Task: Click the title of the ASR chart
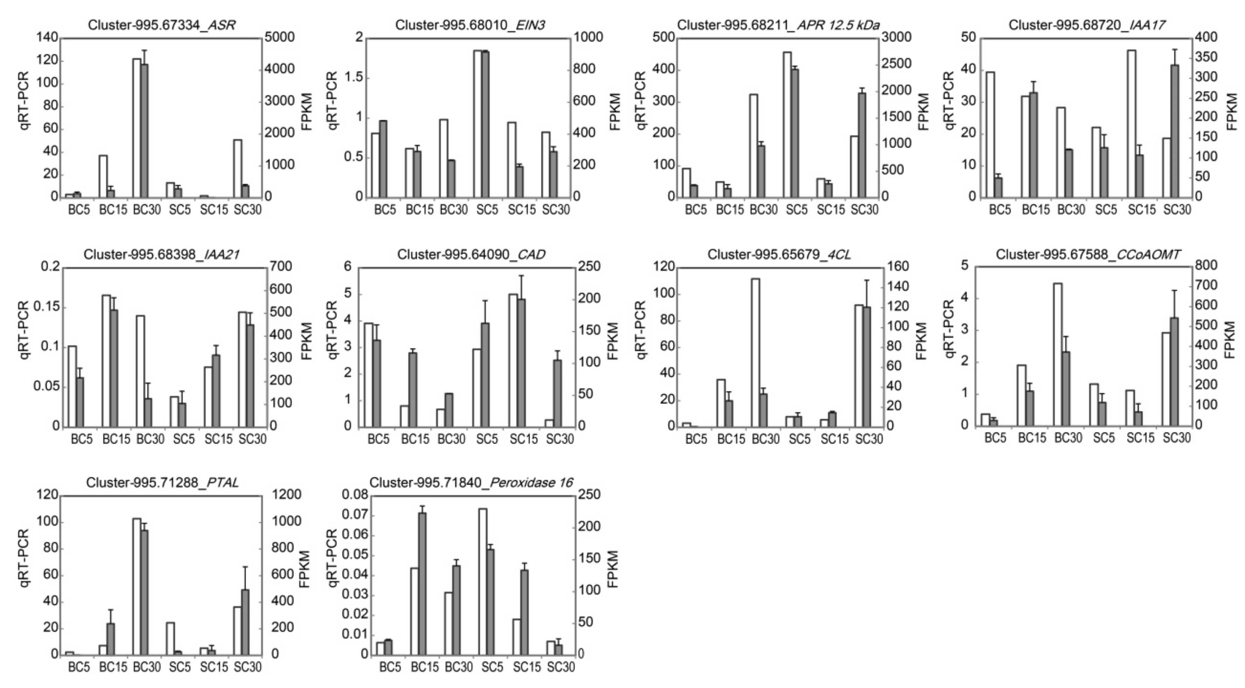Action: pyautogui.click(x=161, y=25)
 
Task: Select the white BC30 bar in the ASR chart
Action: pyautogui.click(x=137, y=128)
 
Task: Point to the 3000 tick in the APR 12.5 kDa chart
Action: pyautogui.click(x=896, y=37)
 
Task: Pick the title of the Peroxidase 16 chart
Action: pyautogui.click(x=471, y=482)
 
